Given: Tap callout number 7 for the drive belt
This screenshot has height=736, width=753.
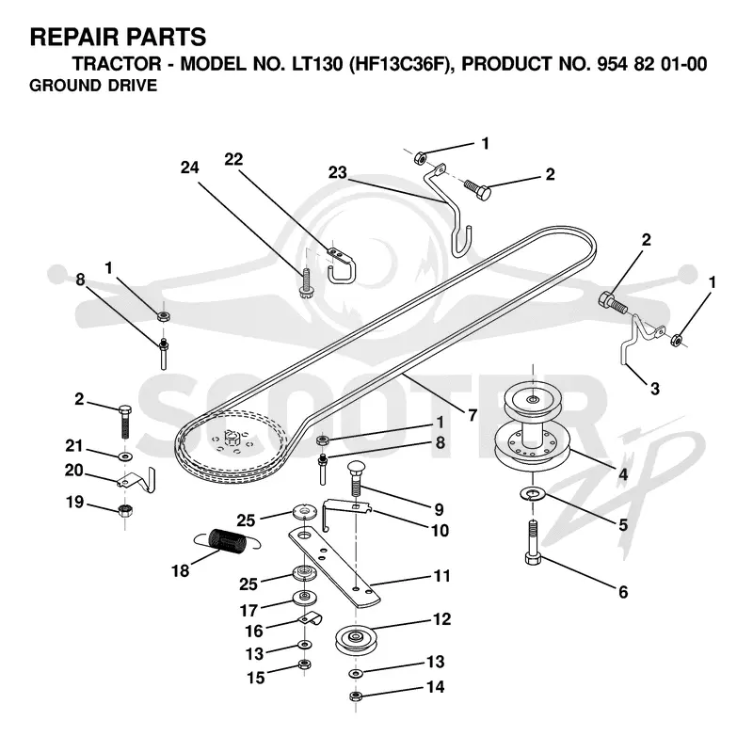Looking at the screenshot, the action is pos(473,415).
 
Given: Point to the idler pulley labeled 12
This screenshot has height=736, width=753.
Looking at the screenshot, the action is pos(357,638).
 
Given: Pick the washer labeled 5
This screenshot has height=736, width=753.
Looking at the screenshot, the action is pos(533,493).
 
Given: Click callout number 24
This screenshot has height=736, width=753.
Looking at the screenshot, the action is pos(190,168).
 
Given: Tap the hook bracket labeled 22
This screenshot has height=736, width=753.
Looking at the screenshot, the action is pos(340,265).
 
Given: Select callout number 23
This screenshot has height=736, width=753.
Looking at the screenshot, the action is pos(338,172).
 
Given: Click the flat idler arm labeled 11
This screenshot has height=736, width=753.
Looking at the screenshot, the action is pos(335,565).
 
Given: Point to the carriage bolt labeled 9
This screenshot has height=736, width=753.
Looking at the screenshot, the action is pos(357,479).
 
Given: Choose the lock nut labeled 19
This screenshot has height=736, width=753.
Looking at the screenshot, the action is pos(125,510).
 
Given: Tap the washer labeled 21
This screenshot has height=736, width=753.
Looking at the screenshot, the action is pos(125,455).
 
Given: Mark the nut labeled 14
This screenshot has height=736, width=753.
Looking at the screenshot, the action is pos(356,696).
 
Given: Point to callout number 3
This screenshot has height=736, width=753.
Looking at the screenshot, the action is pos(654,388).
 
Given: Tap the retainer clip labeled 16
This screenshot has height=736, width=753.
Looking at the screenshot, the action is pos(310,619).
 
